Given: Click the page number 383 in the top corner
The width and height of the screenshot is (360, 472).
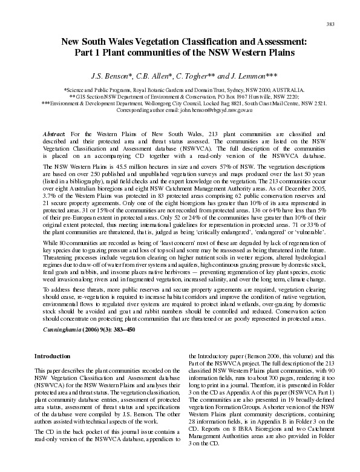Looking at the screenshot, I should click(x=330, y=24).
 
